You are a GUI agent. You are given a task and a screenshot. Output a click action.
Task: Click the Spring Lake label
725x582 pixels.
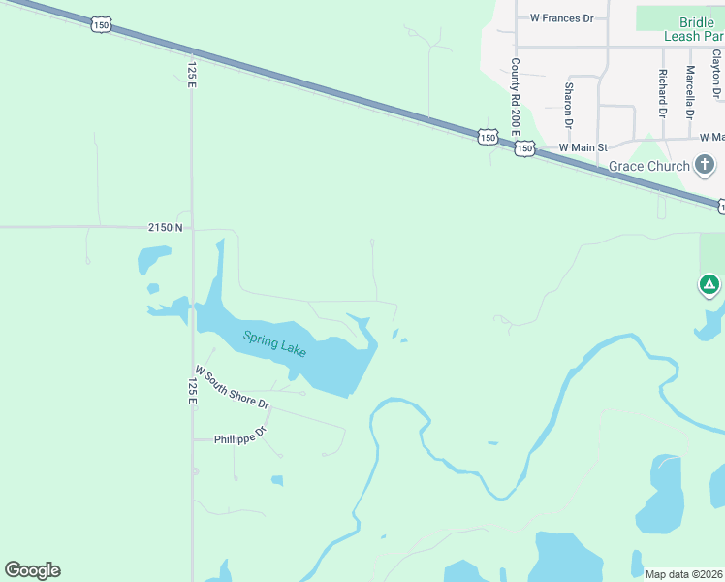274,343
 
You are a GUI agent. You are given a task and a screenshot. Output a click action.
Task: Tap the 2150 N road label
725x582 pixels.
166,227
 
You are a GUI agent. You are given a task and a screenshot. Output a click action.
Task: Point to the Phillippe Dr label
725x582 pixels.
240,433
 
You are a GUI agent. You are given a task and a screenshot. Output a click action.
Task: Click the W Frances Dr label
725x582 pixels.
561,18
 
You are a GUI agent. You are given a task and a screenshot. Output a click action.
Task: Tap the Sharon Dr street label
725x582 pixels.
568,105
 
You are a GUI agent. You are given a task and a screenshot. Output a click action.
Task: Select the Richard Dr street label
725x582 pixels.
662,93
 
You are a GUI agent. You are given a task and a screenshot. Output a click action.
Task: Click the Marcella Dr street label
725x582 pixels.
689,91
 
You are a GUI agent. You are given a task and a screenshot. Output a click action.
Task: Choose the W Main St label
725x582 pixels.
583,147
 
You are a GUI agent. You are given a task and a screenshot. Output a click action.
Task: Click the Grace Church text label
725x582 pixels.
648,166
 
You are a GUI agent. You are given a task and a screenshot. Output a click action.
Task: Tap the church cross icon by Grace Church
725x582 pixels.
705,165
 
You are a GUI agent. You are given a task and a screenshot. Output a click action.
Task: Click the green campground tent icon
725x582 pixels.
709,285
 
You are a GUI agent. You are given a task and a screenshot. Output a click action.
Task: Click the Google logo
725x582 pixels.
32,570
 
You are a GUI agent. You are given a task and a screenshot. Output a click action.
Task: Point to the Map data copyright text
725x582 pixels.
684,574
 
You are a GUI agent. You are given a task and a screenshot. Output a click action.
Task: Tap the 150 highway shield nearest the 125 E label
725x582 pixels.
101,23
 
